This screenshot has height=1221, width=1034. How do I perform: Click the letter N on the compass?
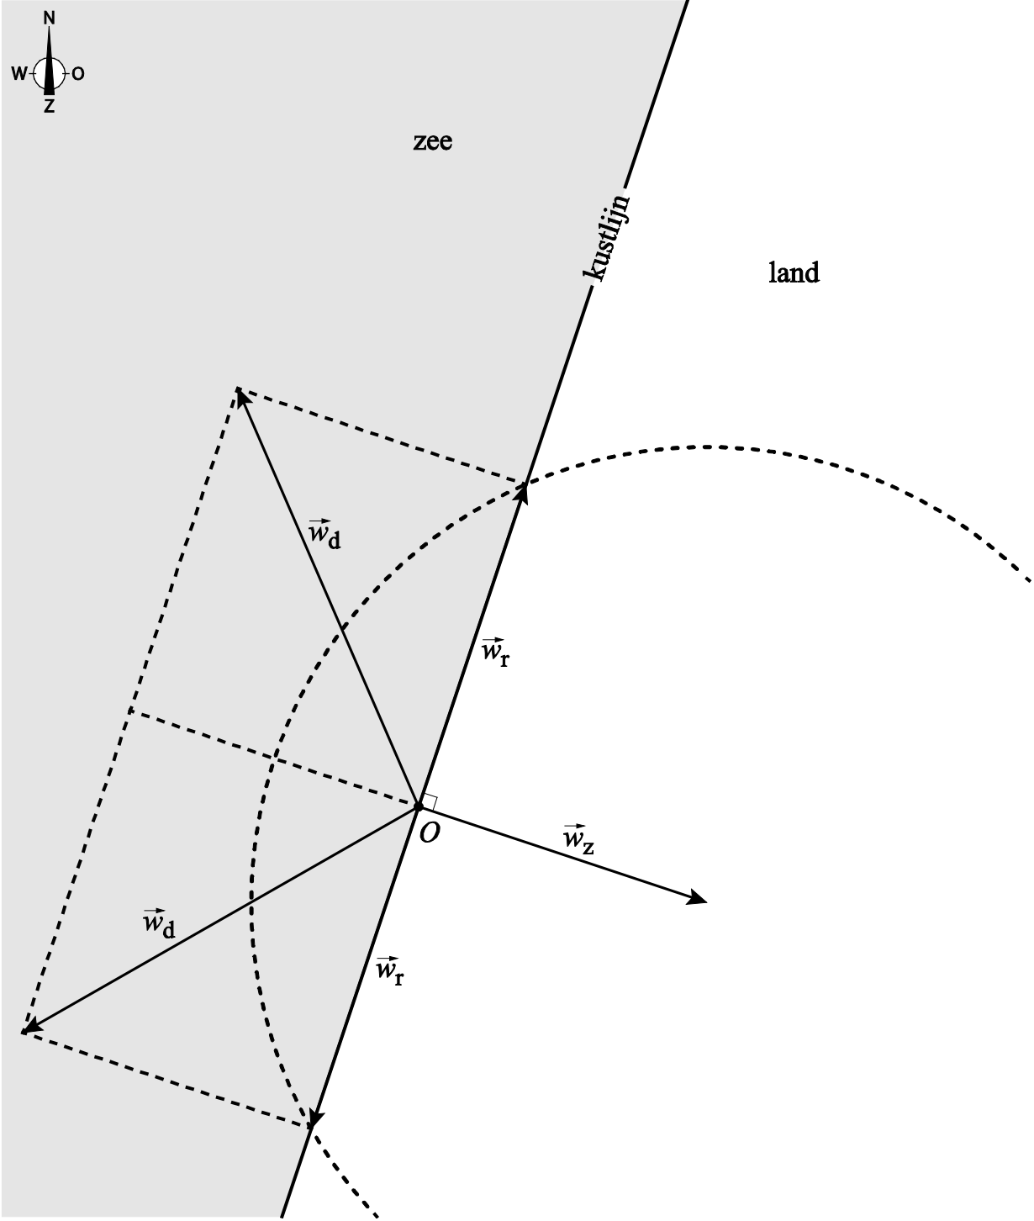pyautogui.click(x=50, y=18)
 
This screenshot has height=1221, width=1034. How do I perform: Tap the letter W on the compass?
pyautogui.click(x=18, y=74)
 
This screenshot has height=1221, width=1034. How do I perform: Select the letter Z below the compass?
pyautogui.click(x=50, y=107)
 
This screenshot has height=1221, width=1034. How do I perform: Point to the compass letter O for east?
pyautogui.click(x=78, y=74)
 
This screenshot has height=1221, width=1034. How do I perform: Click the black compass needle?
pyautogui.click(x=50, y=63)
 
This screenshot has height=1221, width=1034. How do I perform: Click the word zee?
pyautogui.click(x=433, y=140)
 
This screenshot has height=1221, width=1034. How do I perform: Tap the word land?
pyautogui.click(x=794, y=272)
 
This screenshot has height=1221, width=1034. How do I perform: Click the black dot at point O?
pyautogui.click(x=418, y=806)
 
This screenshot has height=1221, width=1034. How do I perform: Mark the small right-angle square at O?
pyautogui.click(x=429, y=801)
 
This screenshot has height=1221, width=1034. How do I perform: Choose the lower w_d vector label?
pyautogui.click(x=159, y=922)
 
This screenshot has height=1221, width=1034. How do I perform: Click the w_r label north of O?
pyautogui.click(x=495, y=653)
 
